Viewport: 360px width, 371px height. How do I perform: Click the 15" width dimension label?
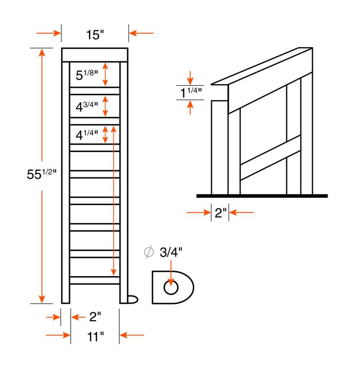click(95, 35)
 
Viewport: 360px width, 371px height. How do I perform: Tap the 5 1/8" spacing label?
click(87, 75)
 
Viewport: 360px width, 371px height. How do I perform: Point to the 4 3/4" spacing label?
click(87, 105)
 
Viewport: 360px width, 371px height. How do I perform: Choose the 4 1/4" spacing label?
click(87, 135)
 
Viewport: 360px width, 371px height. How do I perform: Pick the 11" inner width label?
click(95, 335)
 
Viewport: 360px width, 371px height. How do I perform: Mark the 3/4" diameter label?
click(171, 252)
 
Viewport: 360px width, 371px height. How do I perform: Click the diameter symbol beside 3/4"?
click(149, 252)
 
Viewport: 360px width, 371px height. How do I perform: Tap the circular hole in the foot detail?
click(171, 288)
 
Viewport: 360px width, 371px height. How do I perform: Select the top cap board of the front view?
click(95, 54)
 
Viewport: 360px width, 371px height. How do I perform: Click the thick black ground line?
click(262, 196)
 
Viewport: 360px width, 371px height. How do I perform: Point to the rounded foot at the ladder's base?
click(133, 299)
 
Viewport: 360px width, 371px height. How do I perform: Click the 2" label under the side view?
click(220, 213)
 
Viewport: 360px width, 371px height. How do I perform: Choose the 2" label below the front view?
click(95, 317)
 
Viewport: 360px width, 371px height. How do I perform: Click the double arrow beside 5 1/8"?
click(105, 74)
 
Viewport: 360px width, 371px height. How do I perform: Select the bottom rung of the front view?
click(95, 280)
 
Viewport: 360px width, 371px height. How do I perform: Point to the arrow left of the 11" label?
click(58, 335)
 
